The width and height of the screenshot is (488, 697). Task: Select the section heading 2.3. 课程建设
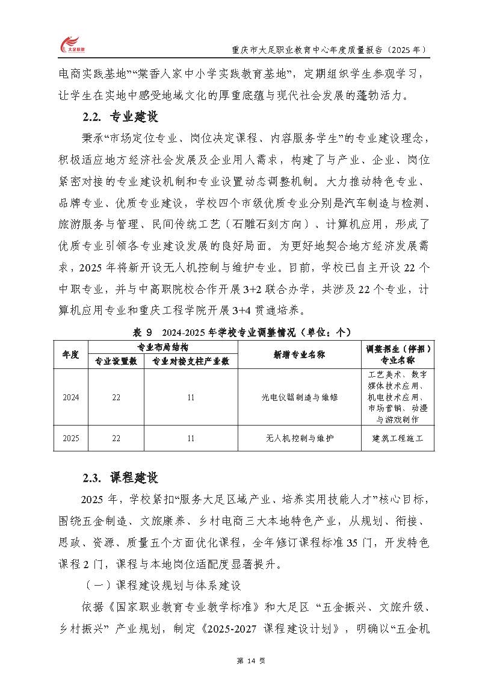click(x=120, y=478)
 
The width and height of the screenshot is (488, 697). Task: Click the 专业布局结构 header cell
click(x=163, y=347)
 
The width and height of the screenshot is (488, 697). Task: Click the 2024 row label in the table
click(x=71, y=397)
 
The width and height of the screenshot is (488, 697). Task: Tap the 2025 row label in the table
click(x=71, y=438)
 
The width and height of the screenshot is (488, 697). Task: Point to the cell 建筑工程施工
click(x=398, y=438)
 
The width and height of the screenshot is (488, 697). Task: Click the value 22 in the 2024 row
click(x=116, y=397)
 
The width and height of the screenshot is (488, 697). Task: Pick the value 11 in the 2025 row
click(x=191, y=438)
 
